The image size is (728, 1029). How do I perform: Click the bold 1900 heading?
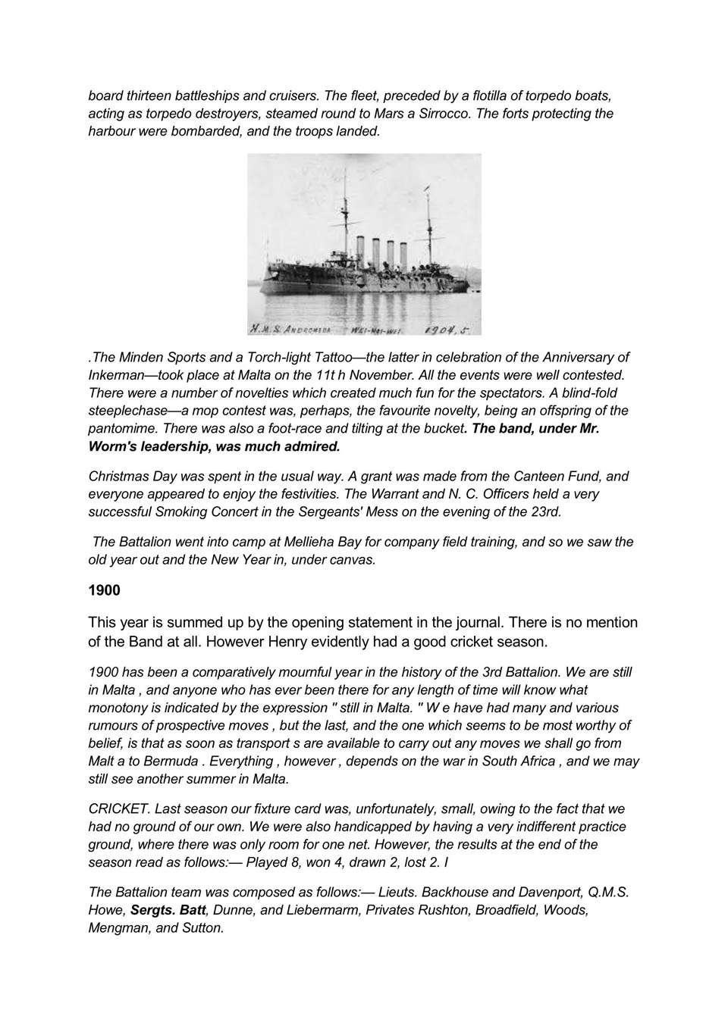104,590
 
